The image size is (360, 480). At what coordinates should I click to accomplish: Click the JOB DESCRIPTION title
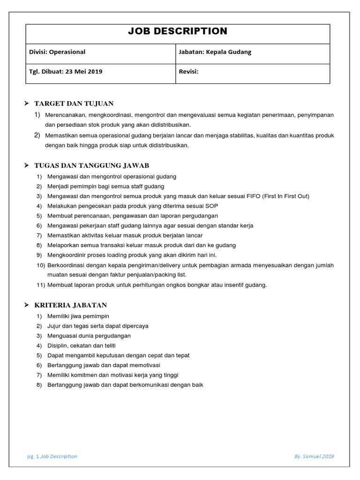click(178, 31)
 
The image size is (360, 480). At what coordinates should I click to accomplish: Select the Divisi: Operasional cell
click(57, 52)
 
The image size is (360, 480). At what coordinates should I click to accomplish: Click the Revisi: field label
click(189, 72)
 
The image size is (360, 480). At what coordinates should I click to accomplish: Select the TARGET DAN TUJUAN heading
click(74, 103)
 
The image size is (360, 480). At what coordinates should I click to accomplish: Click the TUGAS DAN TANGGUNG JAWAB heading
click(91, 165)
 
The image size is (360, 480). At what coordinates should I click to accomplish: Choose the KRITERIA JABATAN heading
click(70, 305)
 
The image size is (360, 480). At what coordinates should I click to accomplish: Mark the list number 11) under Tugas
click(40, 285)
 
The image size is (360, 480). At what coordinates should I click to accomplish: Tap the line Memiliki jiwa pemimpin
click(78, 316)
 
